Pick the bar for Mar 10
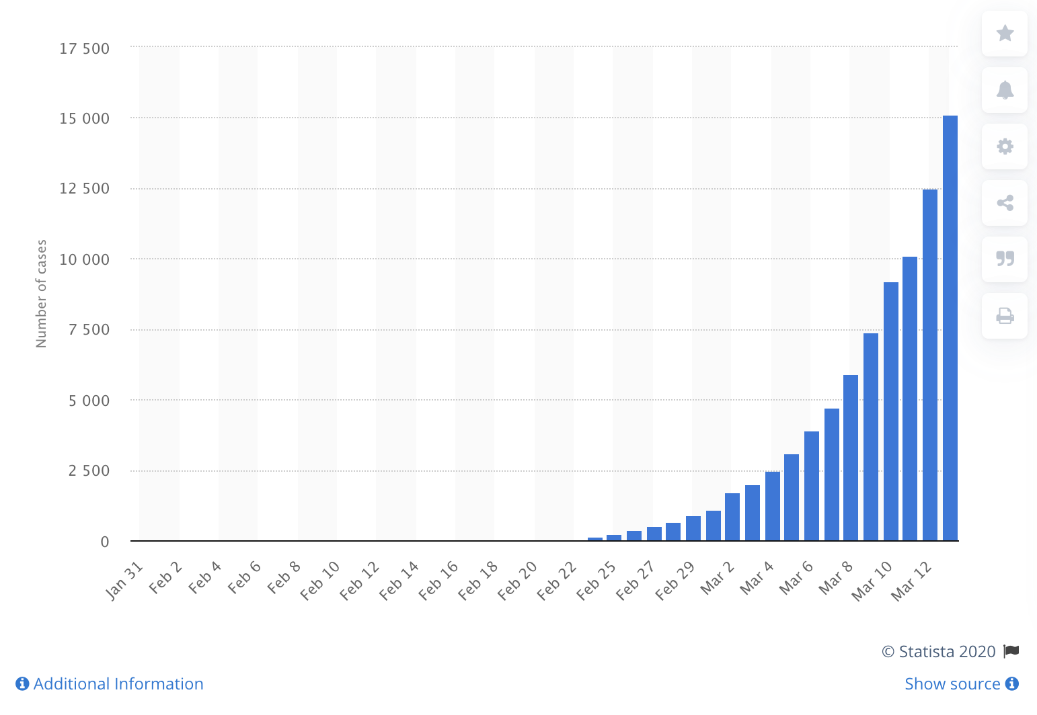point(891,411)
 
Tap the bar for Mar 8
point(851,458)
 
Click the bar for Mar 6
point(812,486)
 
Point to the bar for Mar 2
point(732,517)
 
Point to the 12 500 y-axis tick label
point(84,189)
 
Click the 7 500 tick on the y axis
point(89,330)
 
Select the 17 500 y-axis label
point(84,48)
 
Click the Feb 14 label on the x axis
point(399,580)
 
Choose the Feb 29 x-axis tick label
point(675,580)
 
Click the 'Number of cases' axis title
point(42,294)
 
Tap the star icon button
point(1005,33)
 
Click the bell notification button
point(1005,90)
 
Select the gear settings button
point(1005,146)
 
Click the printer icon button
point(1005,316)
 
